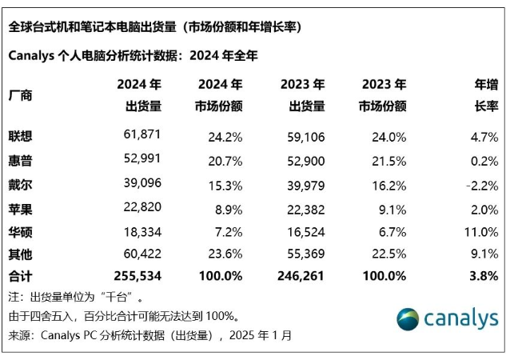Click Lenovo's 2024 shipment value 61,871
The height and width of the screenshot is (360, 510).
(140, 136)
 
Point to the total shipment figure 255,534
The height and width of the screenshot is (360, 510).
(135, 276)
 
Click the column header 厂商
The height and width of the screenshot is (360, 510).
(21, 95)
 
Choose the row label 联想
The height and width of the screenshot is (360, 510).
(21, 136)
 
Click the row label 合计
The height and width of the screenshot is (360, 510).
(21, 276)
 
